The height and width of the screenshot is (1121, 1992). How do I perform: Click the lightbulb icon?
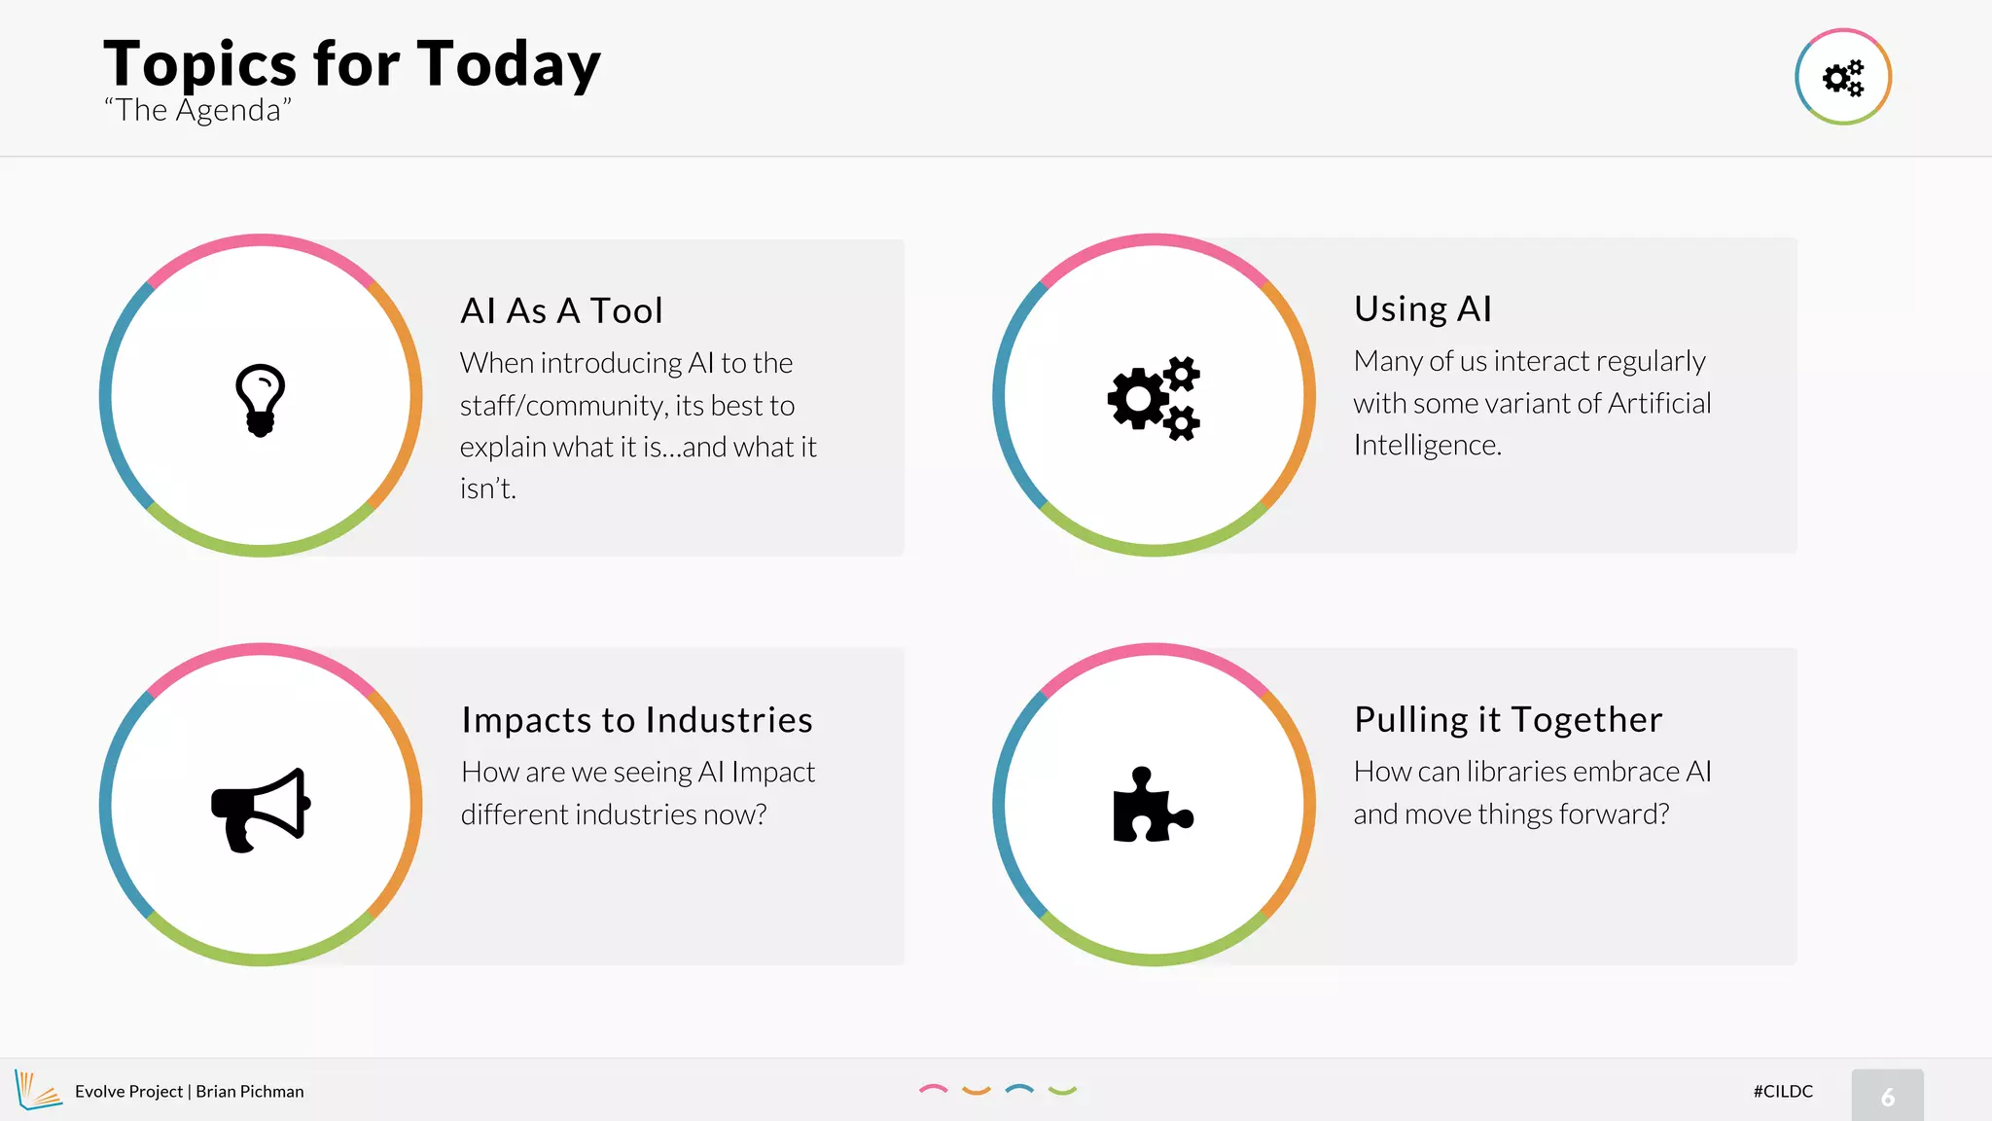point(260,400)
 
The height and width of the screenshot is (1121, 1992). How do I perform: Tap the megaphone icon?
point(261,809)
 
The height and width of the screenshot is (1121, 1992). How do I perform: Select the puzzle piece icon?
point(1152,806)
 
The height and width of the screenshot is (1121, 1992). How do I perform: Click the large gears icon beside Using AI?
point(1154,398)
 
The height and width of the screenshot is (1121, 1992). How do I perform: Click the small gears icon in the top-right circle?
point(1842,78)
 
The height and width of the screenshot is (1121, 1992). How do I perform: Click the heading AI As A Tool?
point(561,311)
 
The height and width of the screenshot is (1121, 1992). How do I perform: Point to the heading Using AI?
point(1422,309)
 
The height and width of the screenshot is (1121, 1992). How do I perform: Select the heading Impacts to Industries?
point(637,720)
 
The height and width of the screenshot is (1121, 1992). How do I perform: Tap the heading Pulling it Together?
point(1508,720)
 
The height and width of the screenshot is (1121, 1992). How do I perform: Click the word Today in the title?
point(509,64)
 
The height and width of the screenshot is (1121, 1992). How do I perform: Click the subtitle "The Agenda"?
point(197,111)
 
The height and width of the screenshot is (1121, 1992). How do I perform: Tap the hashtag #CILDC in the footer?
point(1783,1091)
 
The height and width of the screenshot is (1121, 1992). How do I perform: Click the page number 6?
point(1887,1097)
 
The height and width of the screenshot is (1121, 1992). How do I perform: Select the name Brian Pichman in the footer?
point(250,1092)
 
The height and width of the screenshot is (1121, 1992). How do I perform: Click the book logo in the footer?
point(38,1090)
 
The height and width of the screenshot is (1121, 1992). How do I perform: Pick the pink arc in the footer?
point(933,1089)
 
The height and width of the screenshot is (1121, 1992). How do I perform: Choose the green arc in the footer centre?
point(1062,1091)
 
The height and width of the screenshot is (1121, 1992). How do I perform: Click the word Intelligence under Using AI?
point(1427,446)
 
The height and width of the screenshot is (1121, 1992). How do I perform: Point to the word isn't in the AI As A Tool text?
point(487,488)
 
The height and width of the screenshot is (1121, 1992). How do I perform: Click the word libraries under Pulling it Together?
point(1516,772)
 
